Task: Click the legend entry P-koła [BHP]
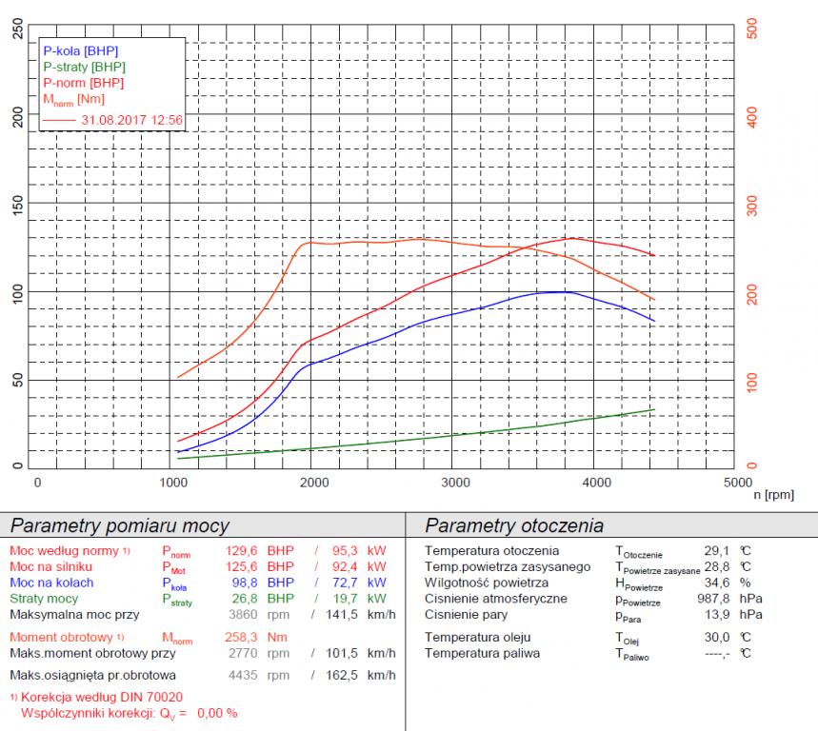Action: pyautogui.click(x=81, y=50)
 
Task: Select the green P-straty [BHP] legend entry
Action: pyautogui.click(x=84, y=67)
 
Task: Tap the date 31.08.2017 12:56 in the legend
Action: pyautogui.click(x=132, y=120)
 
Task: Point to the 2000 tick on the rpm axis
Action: pyautogui.click(x=316, y=483)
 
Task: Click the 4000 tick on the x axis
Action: pyautogui.click(x=596, y=483)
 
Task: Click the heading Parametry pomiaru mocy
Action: pyautogui.click(x=119, y=525)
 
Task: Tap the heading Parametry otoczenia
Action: pyautogui.click(x=513, y=525)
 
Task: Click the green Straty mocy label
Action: pyautogui.click(x=44, y=599)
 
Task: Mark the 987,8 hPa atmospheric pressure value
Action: pyautogui.click(x=727, y=599)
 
